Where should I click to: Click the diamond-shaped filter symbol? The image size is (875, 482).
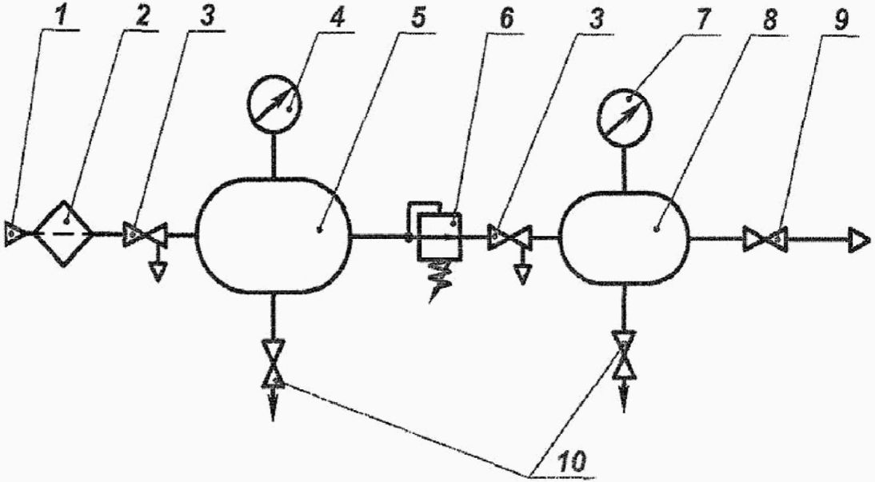click(x=66, y=233)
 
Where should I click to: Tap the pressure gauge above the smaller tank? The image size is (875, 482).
click(x=626, y=113)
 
